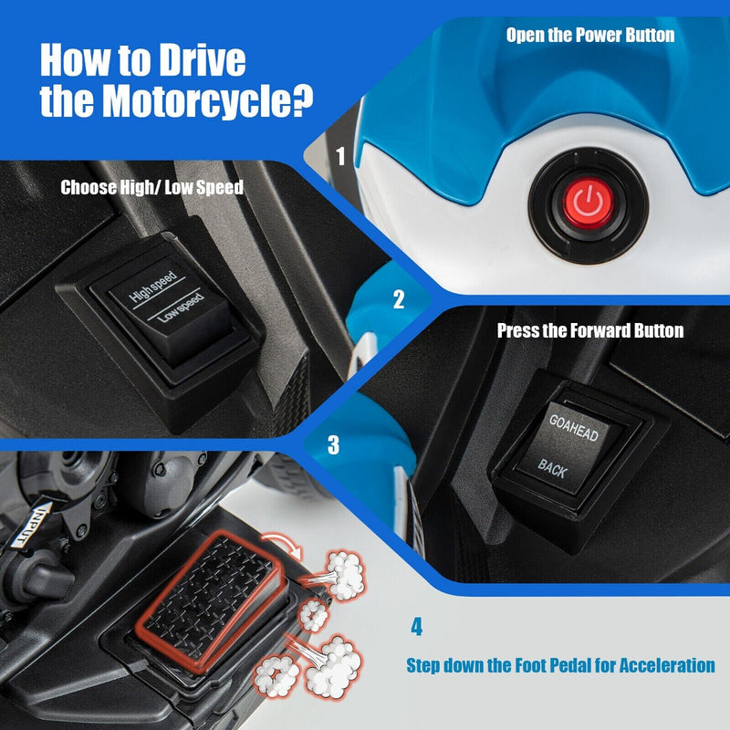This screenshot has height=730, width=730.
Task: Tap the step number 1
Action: coord(341,156)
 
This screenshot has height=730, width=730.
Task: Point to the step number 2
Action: coord(398,299)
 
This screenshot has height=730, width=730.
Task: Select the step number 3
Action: coord(333,444)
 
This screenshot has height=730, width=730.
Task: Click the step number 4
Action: coord(417,628)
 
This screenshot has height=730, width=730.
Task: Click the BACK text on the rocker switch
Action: coord(552,467)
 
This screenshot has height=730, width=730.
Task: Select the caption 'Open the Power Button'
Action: coord(590,36)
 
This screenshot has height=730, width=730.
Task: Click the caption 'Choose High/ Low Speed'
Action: coord(152,188)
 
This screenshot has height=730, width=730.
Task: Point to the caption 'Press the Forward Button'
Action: coord(589,330)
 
